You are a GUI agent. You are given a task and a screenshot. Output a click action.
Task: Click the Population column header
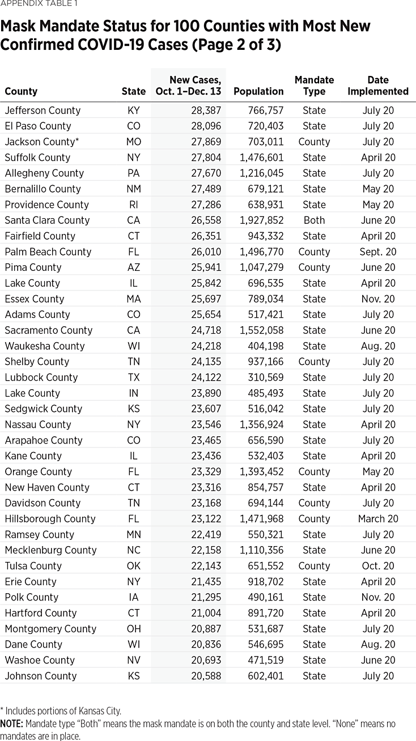(x=258, y=91)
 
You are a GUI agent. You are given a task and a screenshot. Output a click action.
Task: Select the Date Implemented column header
(x=378, y=86)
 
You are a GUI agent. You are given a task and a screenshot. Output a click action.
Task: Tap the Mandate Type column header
(x=314, y=86)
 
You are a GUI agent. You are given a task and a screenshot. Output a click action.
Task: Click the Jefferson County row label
(x=43, y=110)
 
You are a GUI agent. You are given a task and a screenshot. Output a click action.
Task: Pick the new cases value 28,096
(x=202, y=126)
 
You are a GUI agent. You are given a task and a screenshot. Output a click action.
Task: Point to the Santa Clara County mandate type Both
(x=314, y=220)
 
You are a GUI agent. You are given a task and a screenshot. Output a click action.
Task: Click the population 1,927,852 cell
(x=258, y=220)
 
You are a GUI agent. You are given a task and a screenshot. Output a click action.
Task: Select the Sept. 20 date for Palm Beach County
(x=378, y=252)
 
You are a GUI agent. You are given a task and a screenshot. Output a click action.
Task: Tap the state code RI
(x=134, y=205)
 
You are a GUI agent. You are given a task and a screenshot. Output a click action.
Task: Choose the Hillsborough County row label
(x=50, y=518)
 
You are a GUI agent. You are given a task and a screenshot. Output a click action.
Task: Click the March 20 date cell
(x=378, y=518)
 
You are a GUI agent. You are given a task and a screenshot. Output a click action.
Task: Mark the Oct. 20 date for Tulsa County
(x=378, y=566)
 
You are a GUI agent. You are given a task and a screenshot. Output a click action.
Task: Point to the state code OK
(x=134, y=566)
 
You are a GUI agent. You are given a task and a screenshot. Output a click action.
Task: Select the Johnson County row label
(x=40, y=676)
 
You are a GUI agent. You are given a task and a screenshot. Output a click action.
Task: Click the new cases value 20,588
(x=202, y=676)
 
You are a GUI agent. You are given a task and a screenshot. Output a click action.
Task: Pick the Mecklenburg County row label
(x=50, y=550)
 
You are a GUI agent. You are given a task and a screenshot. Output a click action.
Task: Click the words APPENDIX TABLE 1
(x=39, y=4)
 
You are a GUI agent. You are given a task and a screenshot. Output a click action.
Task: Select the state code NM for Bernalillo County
(x=134, y=189)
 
